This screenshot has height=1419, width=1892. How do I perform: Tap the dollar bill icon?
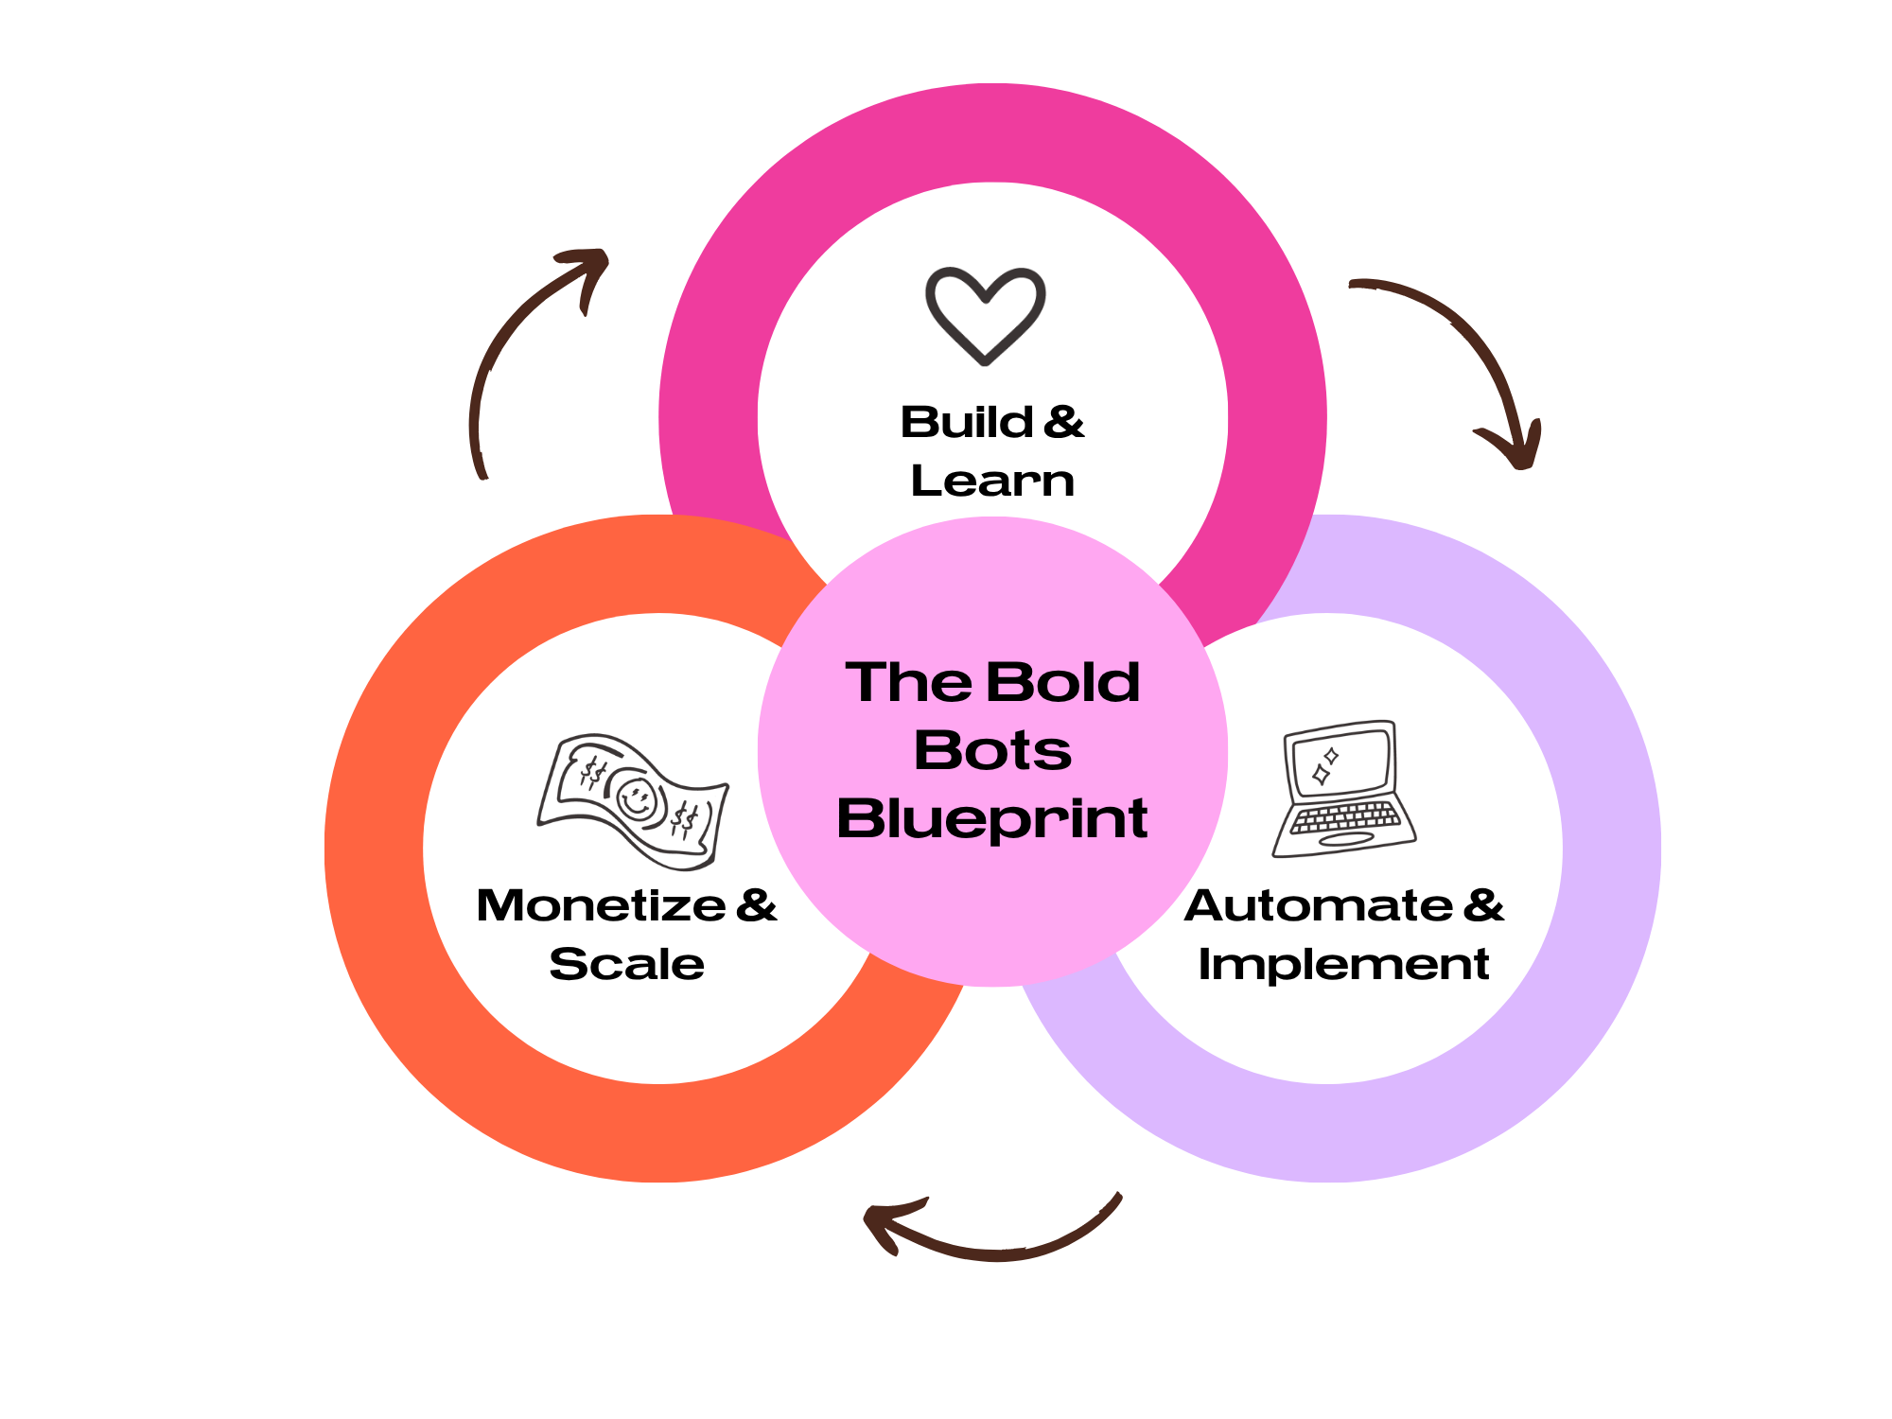coord(633,801)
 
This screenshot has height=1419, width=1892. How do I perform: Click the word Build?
coord(966,422)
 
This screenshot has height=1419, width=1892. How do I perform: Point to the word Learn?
coord(992,481)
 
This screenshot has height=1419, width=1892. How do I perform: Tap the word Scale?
coord(626,964)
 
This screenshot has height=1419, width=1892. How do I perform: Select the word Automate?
coord(1318,905)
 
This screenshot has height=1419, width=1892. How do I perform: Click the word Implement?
coord(1343,965)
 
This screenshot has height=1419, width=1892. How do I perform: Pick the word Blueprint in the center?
coord(992,818)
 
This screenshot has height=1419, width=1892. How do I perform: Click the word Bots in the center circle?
coord(992,750)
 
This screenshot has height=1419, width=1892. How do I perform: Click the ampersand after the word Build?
coord(1064,422)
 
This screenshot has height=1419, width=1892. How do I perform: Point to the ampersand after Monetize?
coord(757,905)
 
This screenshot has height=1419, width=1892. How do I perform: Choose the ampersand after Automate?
coord(1483,905)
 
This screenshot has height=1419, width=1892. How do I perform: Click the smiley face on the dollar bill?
coord(637,799)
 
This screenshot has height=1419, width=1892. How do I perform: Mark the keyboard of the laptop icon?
coord(1345,817)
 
